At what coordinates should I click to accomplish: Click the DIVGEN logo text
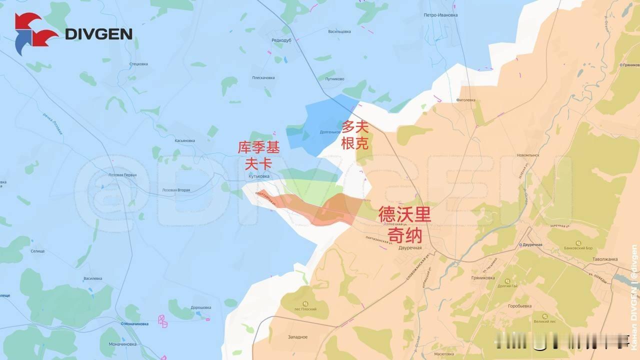point(98,34)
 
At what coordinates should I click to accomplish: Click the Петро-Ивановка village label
point(440,15)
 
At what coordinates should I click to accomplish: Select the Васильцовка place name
point(339,31)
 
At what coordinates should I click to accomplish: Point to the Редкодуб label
point(281,40)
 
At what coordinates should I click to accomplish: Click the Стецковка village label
point(138,64)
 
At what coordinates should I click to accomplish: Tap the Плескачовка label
point(263,77)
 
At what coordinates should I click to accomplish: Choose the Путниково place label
point(334,78)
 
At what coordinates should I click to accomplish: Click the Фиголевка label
point(466,100)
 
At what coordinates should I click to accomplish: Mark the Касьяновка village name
point(184,141)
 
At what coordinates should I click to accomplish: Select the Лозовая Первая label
point(122,175)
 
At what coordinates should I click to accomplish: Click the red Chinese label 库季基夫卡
point(258,155)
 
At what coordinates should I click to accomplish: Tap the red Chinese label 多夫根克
point(355,135)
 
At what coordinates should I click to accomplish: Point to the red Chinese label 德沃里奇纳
point(404,224)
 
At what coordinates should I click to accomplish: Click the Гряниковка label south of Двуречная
point(483,278)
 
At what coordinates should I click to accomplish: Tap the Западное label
point(297,337)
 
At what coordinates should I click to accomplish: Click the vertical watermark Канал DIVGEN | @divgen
point(633,297)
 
